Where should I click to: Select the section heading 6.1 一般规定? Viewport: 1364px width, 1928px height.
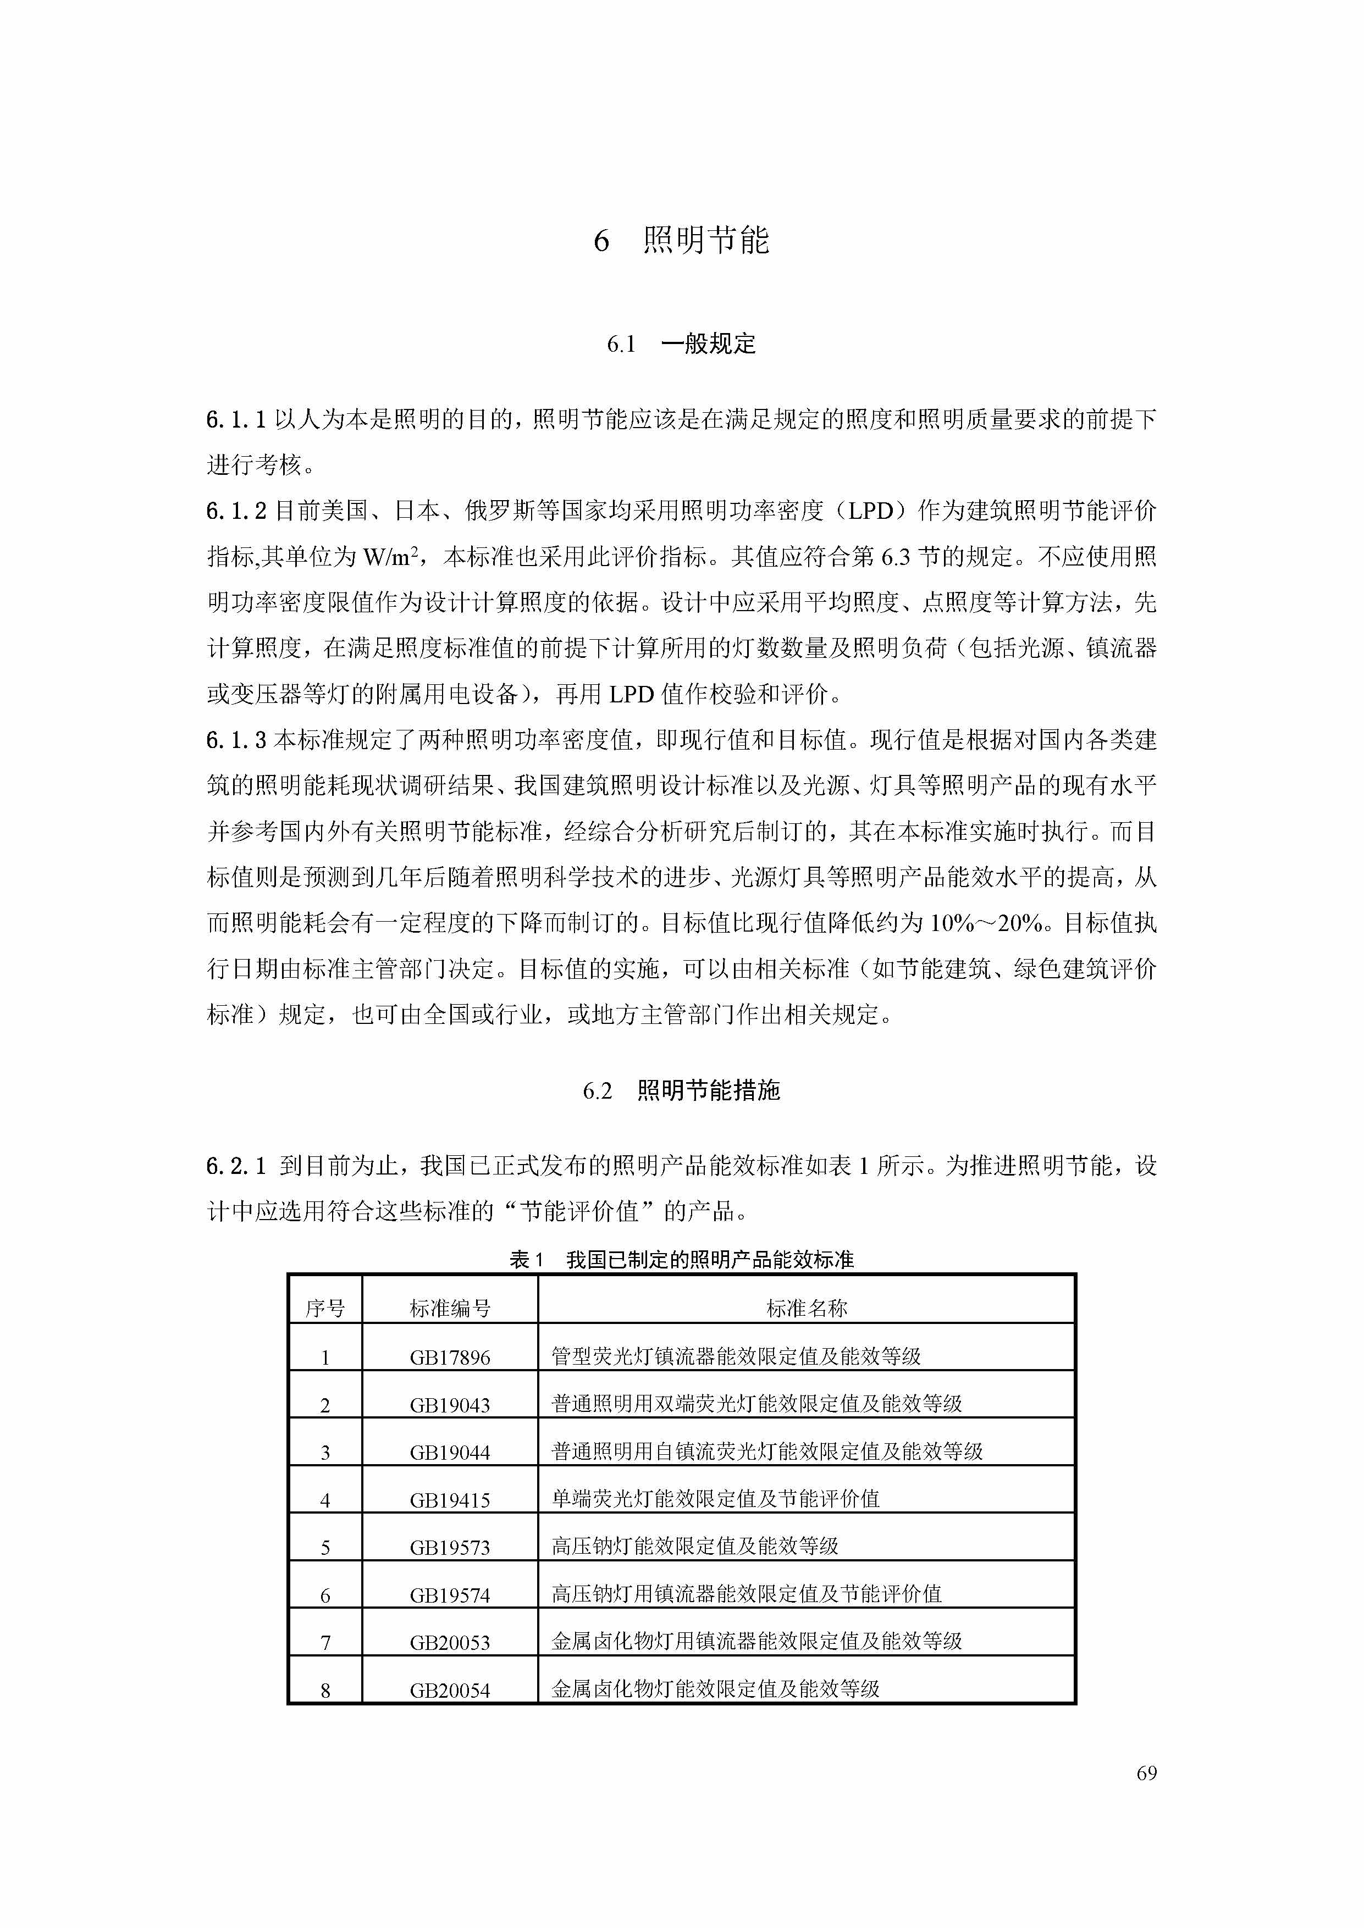click(x=681, y=344)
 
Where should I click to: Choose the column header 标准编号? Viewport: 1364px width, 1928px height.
click(x=450, y=1308)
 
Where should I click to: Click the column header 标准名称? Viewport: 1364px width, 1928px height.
click(x=807, y=1308)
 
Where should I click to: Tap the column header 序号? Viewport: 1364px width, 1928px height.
click(x=325, y=1308)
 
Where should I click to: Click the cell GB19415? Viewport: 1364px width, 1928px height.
click(x=450, y=1500)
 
